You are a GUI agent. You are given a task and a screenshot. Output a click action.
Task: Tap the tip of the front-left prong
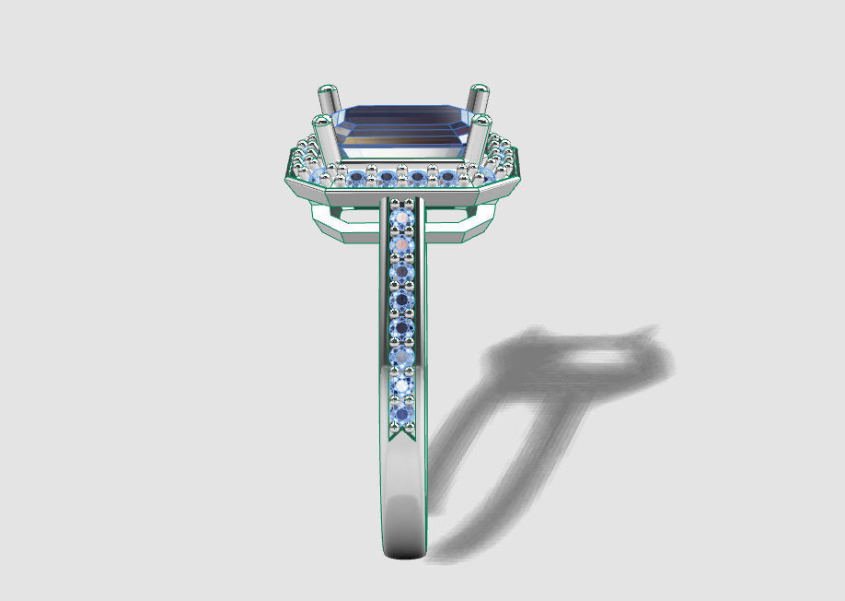point(323,120)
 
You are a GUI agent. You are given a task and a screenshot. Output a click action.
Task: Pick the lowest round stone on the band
point(402,413)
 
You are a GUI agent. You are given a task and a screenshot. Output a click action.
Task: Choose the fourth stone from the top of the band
point(402,300)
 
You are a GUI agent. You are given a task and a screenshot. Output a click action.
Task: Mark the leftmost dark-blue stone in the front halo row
point(358,177)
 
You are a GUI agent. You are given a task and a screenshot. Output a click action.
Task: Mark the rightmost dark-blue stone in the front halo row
point(447,177)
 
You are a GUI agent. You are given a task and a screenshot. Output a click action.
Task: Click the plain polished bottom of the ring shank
point(403,516)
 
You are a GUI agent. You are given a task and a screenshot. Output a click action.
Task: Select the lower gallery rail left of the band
point(345,227)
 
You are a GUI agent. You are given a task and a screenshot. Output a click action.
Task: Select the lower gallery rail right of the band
point(460,227)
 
